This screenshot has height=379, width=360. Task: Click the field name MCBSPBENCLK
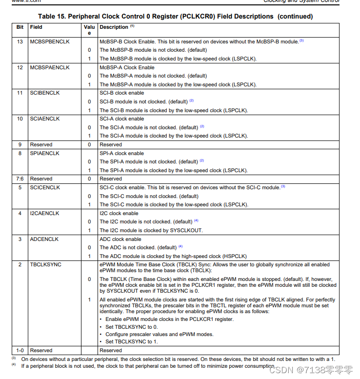(49, 41)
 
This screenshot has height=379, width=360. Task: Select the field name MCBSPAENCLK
(49, 67)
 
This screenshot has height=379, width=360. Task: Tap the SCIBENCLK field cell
(44, 93)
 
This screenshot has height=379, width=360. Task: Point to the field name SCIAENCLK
(44, 119)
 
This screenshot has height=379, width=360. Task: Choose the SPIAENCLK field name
(44, 153)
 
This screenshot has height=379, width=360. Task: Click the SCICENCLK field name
(45, 187)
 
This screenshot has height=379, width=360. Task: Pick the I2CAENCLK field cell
(44, 213)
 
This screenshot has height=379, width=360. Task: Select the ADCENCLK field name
(44, 239)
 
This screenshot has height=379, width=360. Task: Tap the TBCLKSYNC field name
(45, 264)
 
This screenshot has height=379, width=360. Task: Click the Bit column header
(20, 27)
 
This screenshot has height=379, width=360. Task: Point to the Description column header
(114, 27)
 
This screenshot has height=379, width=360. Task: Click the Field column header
(36, 27)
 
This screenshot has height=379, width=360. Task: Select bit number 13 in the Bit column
(20, 41)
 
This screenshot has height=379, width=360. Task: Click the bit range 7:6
(20, 179)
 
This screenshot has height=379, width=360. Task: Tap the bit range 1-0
(20, 350)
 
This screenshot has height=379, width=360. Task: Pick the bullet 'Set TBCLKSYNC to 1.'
(132, 341)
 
